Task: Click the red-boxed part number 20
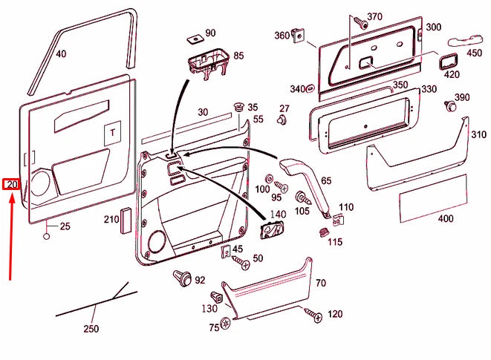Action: [11, 184]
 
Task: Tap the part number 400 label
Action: [445, 219]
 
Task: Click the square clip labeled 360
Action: [301, 34]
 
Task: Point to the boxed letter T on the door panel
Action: [112, 132]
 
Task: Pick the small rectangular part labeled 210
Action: [126, 220]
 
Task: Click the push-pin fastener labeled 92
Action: [180, 278]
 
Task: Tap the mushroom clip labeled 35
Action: [239, 108]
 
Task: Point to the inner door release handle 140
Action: [272, 230]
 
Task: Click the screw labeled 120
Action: [313, 315]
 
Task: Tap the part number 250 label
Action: [91, 329]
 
